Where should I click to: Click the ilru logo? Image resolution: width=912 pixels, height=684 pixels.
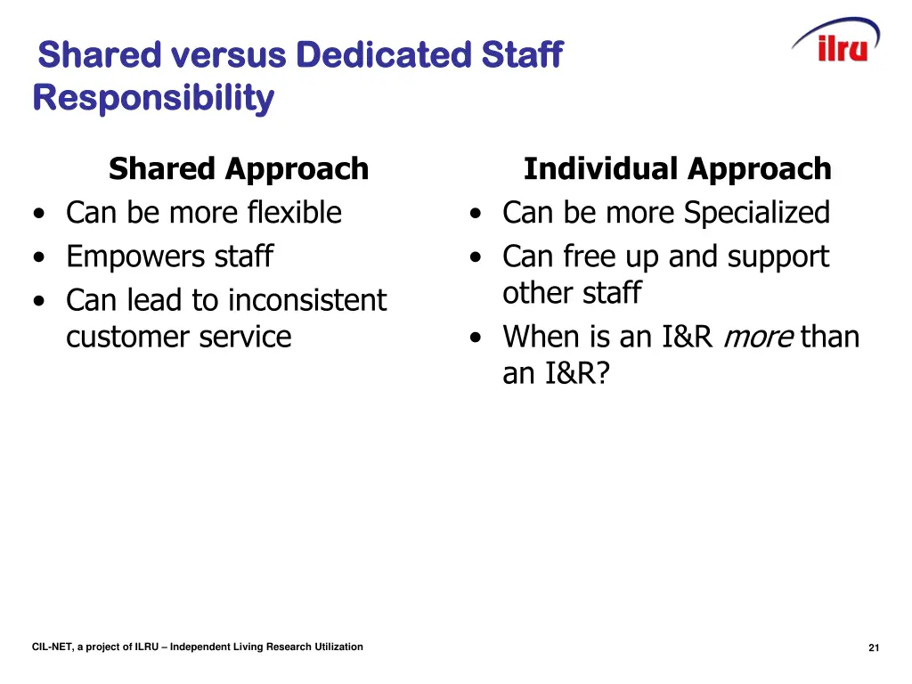click(836, 42)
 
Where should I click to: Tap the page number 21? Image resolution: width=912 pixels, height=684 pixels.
click(874, 647)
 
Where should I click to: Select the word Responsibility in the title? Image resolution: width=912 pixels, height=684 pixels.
click(153, 98)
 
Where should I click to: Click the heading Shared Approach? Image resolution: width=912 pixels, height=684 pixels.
click(238, 168)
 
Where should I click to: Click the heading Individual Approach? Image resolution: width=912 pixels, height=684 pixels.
click(677, 168)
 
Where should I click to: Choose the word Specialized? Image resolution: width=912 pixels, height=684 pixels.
click(756, 213)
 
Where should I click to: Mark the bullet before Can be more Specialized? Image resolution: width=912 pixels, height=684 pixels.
click(477, 214)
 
